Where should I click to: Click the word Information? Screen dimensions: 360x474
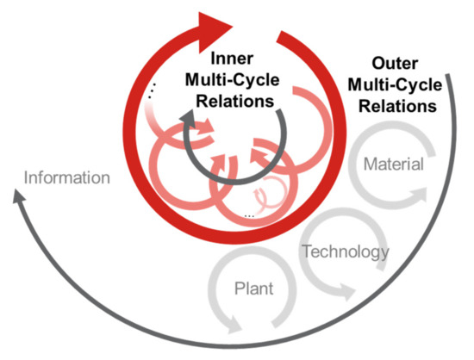[x=68, y=178]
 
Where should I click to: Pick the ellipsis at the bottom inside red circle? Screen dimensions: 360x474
[x=249, y=213]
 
